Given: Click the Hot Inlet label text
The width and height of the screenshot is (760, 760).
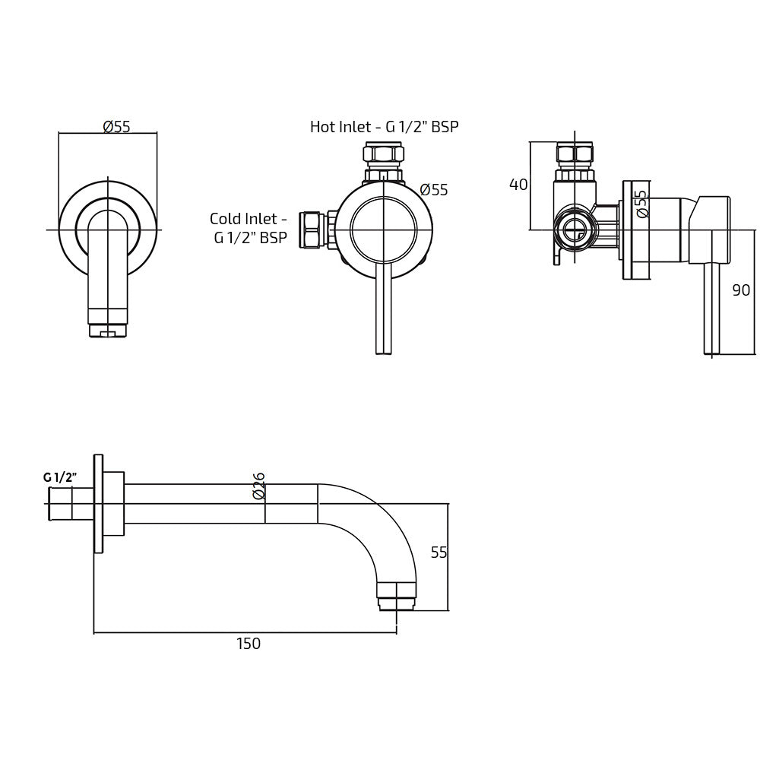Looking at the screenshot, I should click(384, 127).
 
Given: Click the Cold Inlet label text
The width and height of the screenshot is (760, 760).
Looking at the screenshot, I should click(249, 228).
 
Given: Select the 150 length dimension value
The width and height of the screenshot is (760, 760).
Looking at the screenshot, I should click(249, 644).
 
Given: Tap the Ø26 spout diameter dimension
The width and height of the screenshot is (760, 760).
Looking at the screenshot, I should click(258, 486).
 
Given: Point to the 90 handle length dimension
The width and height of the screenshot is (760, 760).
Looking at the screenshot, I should click(741, 290).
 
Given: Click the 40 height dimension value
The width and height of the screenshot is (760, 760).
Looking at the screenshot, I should click(518, 185).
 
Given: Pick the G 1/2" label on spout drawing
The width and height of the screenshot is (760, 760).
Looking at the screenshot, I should click(61, 477).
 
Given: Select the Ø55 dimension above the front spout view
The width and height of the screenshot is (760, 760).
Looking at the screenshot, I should click(116, 127).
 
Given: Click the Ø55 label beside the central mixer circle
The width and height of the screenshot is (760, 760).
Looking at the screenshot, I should click(434, 190).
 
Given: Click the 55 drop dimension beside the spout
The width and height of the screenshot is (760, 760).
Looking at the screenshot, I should click(439, 553).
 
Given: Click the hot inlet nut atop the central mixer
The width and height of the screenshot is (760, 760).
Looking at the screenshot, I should click(383, 156).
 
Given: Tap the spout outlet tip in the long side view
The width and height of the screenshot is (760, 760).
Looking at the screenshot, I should click(396, 596).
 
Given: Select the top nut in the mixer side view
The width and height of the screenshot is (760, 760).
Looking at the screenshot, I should click(575, 154).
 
